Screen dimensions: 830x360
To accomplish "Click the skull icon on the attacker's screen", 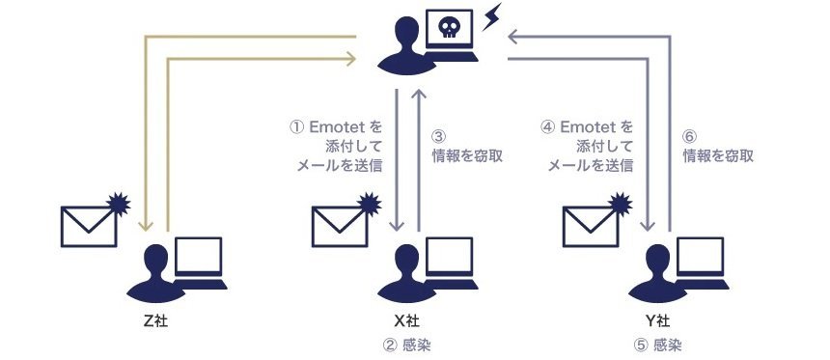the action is pyautogui.click(x=449, y=27).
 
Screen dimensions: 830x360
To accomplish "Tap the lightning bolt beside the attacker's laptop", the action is pyautogui.click(x=491, y=16).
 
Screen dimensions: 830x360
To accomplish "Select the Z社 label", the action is pyautogui.click(x=155, y=320).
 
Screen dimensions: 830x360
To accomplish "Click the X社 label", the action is pyautogui.click(x=406, y=320).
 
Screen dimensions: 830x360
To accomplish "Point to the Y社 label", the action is pyautogui.click(x=657, y=320).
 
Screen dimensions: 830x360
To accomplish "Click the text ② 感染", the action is pyautogui.click(x=406, y=346).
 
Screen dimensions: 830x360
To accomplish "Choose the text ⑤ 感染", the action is pyautogui.click(x=657, y=346).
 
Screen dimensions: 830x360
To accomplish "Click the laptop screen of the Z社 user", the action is pyautogui.click(x=199, y=256).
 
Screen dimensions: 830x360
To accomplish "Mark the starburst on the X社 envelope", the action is pyautogui.click(x=369, y=205).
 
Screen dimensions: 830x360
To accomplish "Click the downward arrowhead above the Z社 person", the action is pyautogui.click(x=146, y=226).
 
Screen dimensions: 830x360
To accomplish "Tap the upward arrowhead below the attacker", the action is pyautogui.click(x=419, y=95).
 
